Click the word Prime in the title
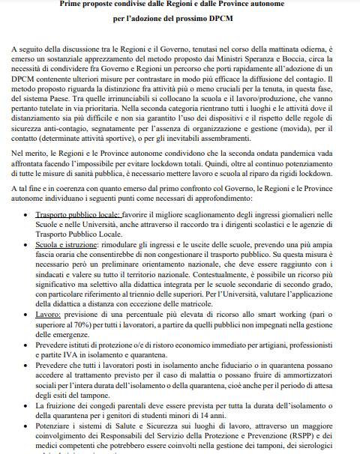click(x=73, y=5)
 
